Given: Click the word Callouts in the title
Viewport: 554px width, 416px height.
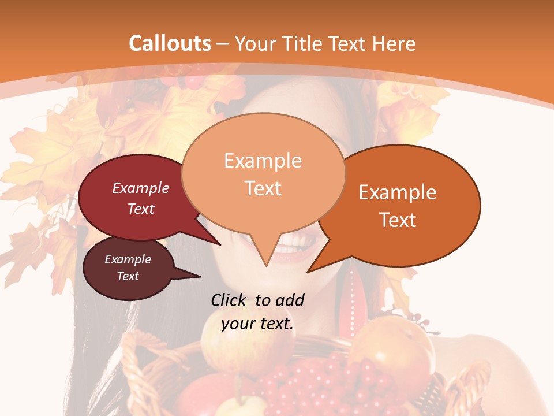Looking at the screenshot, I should click(x=170, y=43).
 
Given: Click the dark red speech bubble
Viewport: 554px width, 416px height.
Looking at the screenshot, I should click(x=133, y=199).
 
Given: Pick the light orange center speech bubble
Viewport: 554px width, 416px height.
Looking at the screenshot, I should click(x=263, y=173).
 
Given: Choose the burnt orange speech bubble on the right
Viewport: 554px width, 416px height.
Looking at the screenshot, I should click(x=404, y=205).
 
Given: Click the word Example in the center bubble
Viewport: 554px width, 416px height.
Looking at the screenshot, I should click(x=263, y=161).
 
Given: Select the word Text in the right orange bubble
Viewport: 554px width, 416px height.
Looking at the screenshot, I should click(x=398, y=220).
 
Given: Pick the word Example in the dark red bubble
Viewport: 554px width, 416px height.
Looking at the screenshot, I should click(x=141, y=188).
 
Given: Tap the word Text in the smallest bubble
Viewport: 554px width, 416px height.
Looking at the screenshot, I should click(x=128, y=276).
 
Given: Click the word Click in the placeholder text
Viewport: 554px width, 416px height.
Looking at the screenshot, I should click(x=230, y=300).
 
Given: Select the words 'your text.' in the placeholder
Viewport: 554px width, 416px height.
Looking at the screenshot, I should click(x=257, y=324).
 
